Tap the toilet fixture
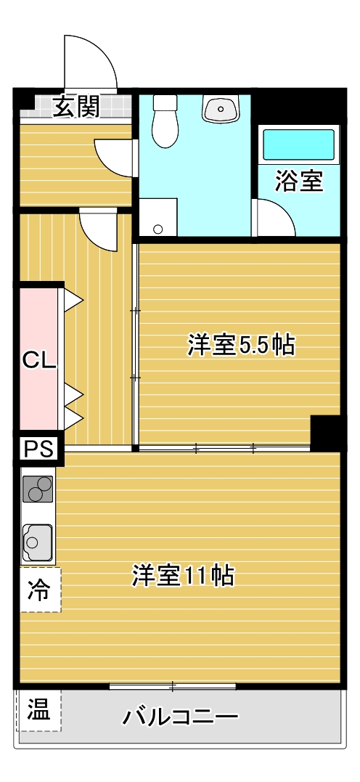(165, 121)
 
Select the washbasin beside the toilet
(221, 108)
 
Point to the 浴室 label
(300, 181)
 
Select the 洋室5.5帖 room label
(241, 345)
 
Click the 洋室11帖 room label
(183, 576)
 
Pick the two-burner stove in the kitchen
(38, 488)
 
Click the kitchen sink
(38, 542)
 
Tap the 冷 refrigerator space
(40, 590)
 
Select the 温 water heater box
(39, 710)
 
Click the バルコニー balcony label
(181, 717)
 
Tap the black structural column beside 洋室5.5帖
(325, 432)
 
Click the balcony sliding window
(173, 687)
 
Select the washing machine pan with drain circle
(158, 217)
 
